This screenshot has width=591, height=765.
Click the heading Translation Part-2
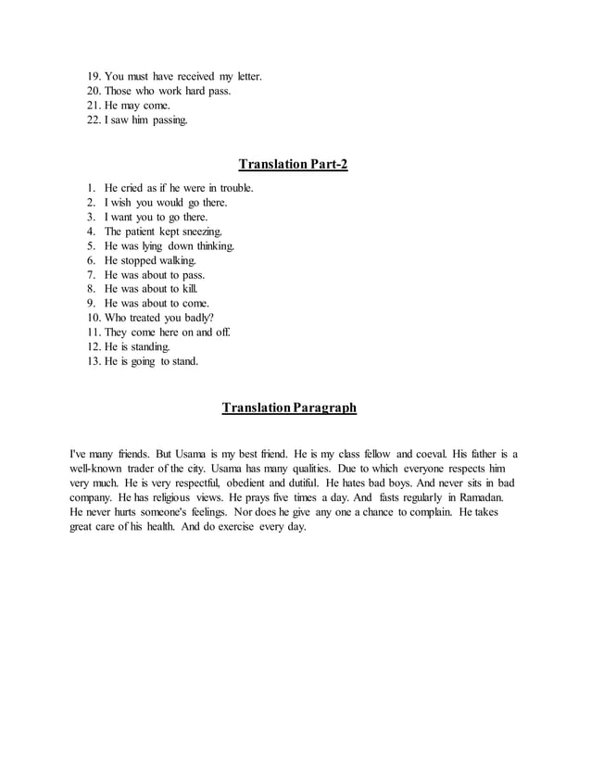[293, 165]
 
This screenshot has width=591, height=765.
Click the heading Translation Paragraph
[289, 408]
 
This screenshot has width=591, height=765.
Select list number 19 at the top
[94, 76]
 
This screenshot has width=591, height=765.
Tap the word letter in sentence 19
[246, 76]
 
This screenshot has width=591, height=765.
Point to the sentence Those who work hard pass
[167, 91]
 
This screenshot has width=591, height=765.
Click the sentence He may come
[137, 106]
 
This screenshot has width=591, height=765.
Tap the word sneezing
[201, 232]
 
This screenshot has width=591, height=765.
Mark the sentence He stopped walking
[150, 261]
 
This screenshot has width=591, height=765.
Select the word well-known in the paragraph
[101, 469]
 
